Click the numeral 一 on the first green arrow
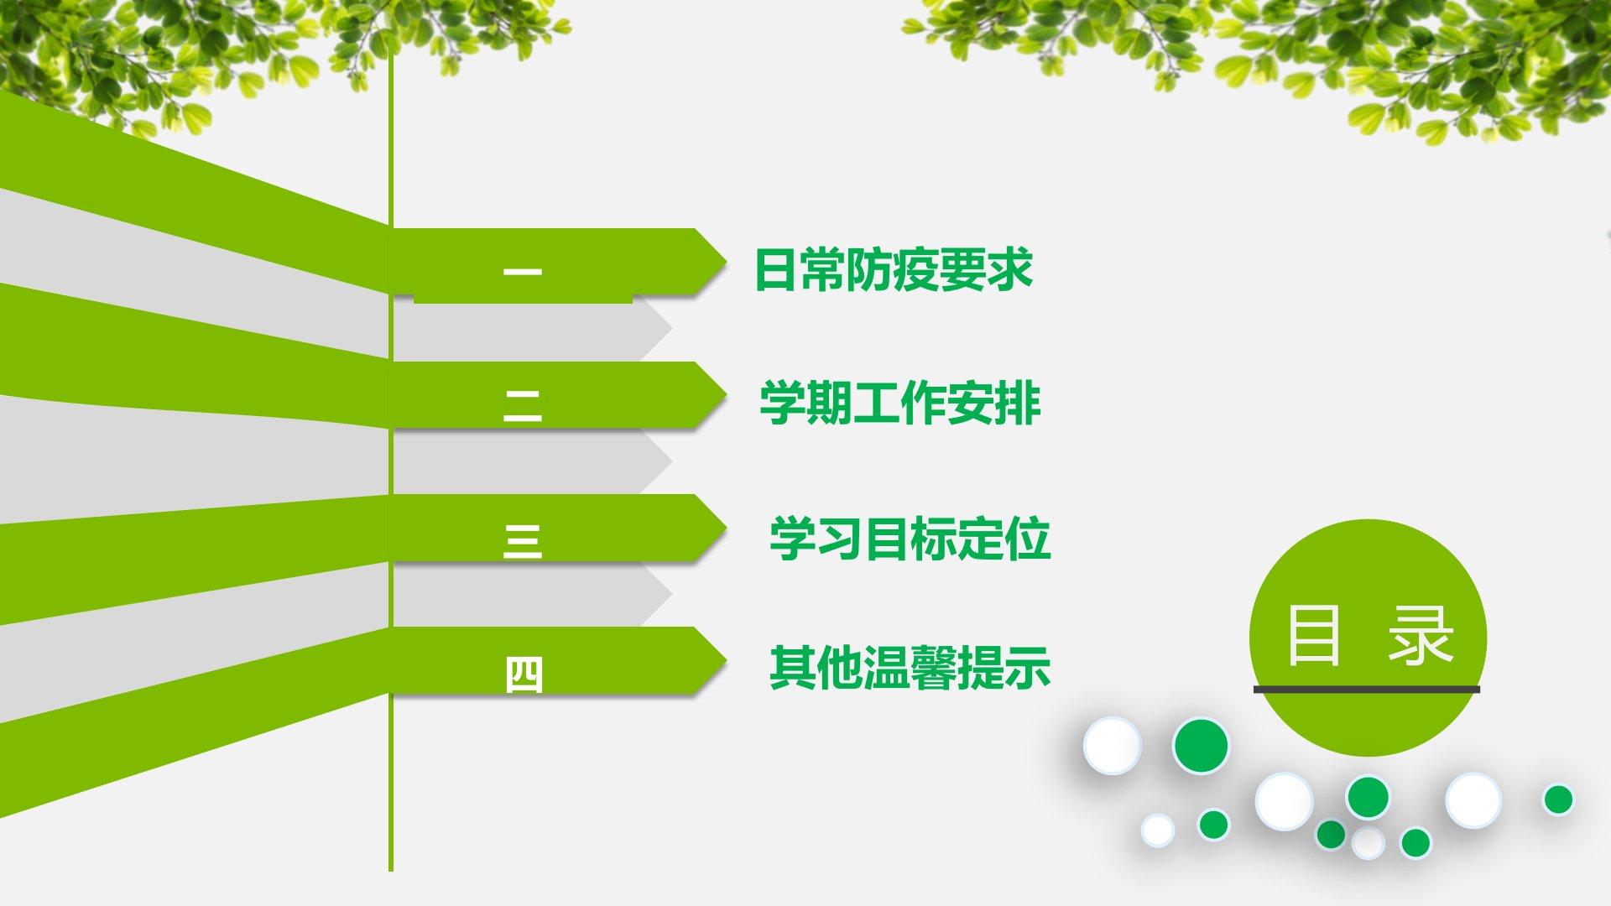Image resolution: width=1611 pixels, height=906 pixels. click(x=522, y=272)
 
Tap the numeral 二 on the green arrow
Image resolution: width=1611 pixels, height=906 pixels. click(x=522, y=406)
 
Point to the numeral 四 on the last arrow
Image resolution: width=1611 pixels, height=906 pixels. click(x=524, y=675)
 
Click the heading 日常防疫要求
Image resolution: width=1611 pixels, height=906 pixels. click(x=894, y=269)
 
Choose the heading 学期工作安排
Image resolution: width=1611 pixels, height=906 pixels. click(x=900, y=403)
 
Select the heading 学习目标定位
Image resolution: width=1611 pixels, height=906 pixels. click(x=910, y=538)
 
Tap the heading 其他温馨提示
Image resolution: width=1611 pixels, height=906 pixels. click(x=910, y=668)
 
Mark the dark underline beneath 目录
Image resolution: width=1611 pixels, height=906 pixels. click(x=1367, y=690)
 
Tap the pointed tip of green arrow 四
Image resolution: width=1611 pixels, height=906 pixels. click(x=726, y=660)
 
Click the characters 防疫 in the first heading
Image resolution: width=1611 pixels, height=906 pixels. click(x=894, y=269)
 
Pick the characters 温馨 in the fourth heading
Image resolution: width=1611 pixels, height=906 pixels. click(x=910, y=668)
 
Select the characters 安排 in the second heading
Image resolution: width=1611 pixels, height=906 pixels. click(x=995, y=403)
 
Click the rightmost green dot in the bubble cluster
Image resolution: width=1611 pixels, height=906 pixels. click(x=1558, y=799)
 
